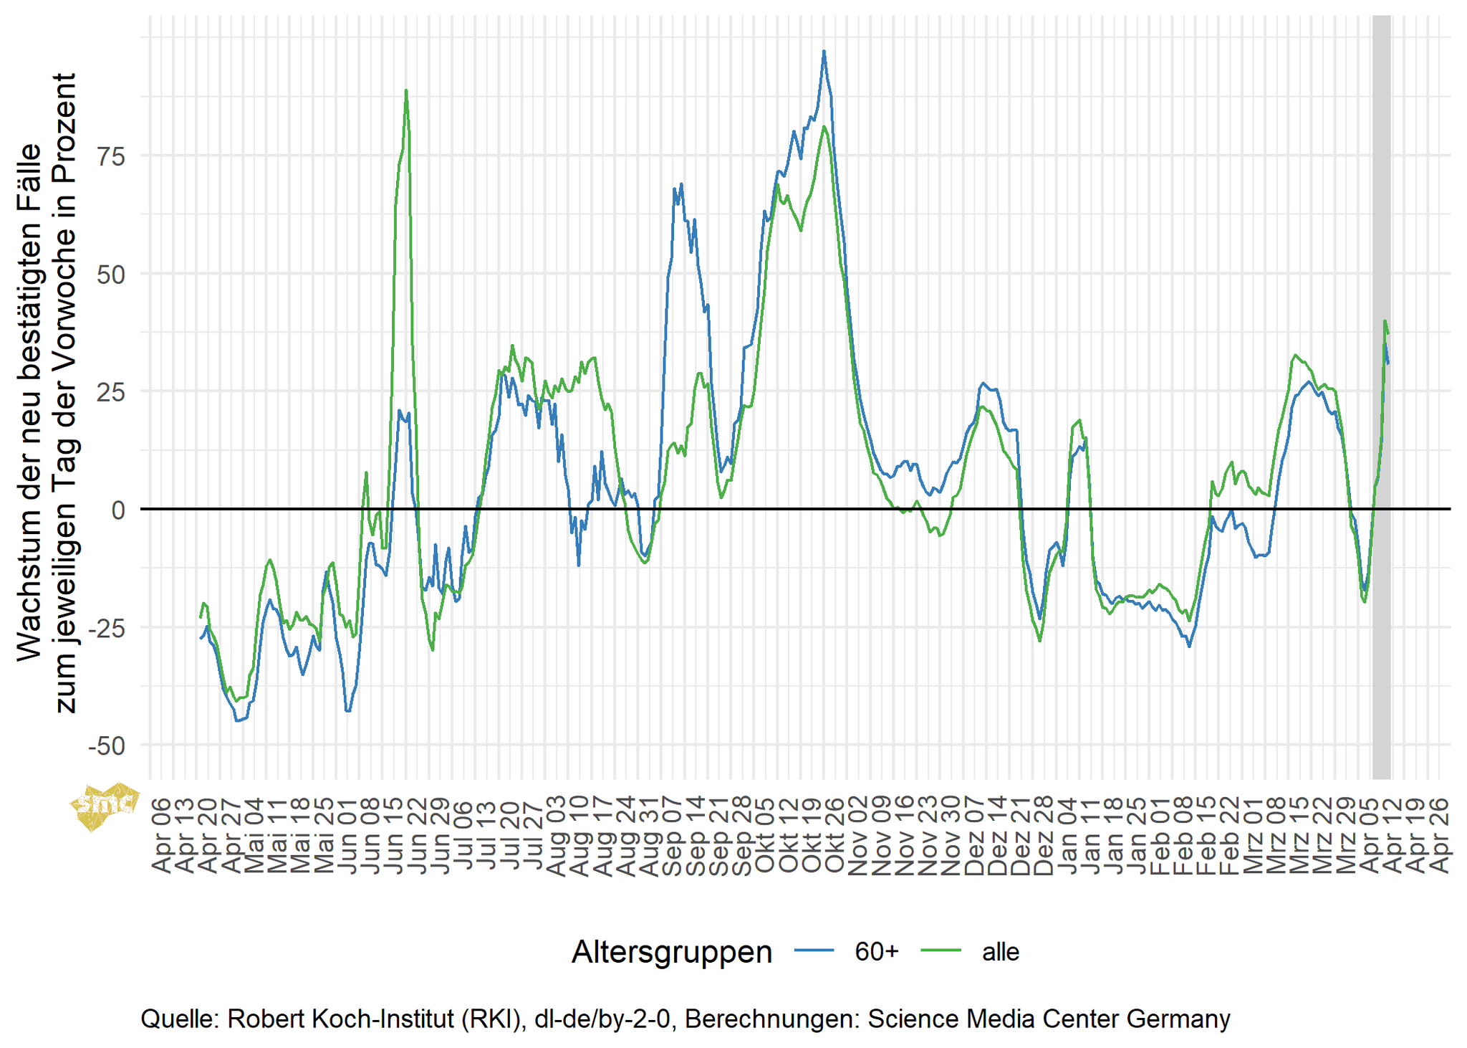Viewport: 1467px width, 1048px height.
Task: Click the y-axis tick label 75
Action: point(111,156)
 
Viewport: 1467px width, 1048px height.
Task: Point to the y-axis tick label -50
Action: point(107,746)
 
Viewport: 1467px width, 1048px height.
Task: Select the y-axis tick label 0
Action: point(118,510)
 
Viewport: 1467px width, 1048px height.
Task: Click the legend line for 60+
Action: point(814,951)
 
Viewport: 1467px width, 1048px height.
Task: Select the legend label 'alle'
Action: point(1000,951)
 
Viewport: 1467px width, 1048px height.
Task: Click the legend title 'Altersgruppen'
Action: point(671,952)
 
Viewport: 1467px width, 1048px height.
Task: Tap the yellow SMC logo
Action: point(105,805)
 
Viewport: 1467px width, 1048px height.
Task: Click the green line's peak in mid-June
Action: point(406,91)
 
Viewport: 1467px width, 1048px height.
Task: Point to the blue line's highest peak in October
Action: point(824,52)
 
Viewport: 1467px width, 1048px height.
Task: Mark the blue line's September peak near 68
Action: point(681,184)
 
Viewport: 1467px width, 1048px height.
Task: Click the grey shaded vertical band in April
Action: point(1381,394)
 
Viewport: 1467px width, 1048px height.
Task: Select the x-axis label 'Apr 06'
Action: point(163,835)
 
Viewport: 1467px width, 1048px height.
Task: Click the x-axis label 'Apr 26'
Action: point(1440,835)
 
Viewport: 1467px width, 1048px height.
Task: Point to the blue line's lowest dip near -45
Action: point(238,720)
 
